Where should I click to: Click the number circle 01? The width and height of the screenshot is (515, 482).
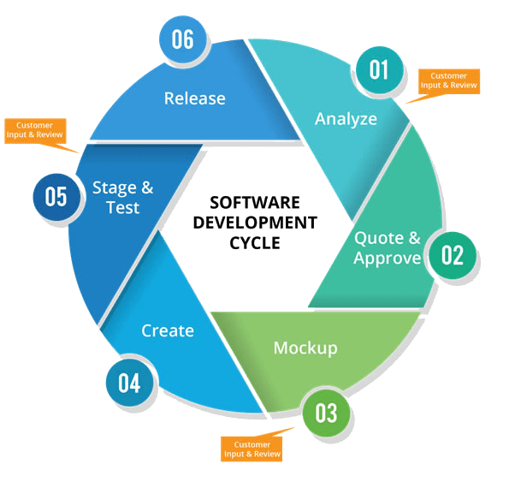click(x=378, y=69)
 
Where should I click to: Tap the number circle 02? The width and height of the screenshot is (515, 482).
click(x=452, y=254)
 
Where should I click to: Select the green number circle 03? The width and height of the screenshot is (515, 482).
click(x=326, y=413)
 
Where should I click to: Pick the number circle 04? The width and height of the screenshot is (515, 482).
click(x=129, y=382)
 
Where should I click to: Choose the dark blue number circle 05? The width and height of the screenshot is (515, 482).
click(x=56, y=196)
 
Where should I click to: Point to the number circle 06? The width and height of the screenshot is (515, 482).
click(x=182, y=39)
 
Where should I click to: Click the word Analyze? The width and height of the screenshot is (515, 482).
click(x=346, y=119)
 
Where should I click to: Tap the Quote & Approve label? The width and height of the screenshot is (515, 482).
click(x=388, y=248)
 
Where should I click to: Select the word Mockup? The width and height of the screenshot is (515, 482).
click(x=305, y=348)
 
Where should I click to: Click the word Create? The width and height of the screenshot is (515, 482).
click(x=168, y=330)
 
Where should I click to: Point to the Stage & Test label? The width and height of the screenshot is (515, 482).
click(x=123, y=197)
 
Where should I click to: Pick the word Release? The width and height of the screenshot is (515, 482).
click(x=195, y=98)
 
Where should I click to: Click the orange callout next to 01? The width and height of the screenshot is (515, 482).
click(x=448, y=80)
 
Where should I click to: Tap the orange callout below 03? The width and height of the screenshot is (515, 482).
click(x=251, y=449)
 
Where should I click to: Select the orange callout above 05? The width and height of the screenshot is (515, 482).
click(x=34, y=130)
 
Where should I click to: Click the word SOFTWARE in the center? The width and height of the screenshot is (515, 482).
click(x=255, y=203)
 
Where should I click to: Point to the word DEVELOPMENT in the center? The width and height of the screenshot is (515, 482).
click(x=255, y=223)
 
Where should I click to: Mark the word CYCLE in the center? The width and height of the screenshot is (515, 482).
click(x=255, y=241)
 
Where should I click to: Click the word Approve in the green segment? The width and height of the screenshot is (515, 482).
click(x=388, y=259)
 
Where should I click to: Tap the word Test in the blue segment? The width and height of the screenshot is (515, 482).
click(x=122, y=207)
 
